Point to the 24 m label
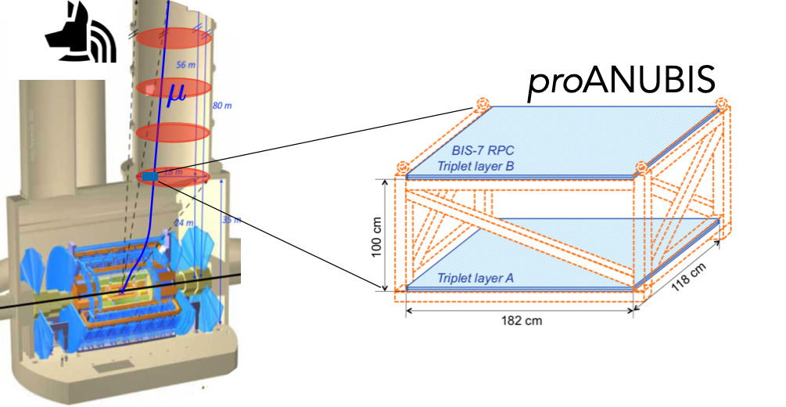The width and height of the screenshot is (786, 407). pos(182,222)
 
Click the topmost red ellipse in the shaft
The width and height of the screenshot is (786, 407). pos(170,38)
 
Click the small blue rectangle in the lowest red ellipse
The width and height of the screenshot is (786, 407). pos(149,178)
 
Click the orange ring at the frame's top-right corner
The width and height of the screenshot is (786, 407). pos(721,103)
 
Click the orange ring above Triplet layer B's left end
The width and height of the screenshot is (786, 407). pos(403,167)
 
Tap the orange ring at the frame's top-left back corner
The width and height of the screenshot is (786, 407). pos(482,104)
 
